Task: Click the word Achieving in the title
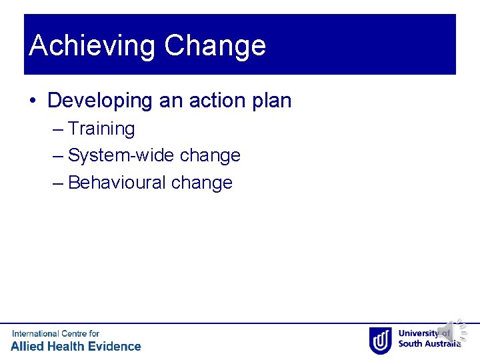pos(93,46)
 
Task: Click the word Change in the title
pos(215,46)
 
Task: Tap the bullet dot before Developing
pos(33,101)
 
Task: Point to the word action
pos(194,101)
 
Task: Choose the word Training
pos(101,129)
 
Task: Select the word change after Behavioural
pos(202,183)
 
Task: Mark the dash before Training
pos(57,129)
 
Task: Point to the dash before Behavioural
pos(57,183)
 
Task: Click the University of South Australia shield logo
pos(381,340)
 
